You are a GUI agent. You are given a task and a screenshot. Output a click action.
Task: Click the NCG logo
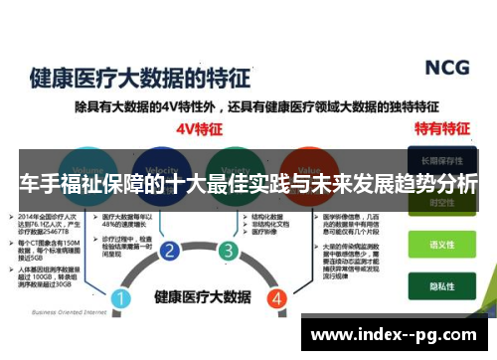point(446,68)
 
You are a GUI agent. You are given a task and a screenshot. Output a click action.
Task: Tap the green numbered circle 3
point(229,250)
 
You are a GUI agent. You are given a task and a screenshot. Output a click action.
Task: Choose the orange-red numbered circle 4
point(276,297)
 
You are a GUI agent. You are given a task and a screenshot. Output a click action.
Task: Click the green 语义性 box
point(441,243)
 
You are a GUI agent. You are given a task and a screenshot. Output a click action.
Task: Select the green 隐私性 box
point(441,281)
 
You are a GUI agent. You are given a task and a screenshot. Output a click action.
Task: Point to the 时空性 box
point(441,202)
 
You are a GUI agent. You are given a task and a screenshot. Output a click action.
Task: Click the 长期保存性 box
point(441,159)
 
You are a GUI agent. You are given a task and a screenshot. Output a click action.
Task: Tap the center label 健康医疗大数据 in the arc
point(200,296)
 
